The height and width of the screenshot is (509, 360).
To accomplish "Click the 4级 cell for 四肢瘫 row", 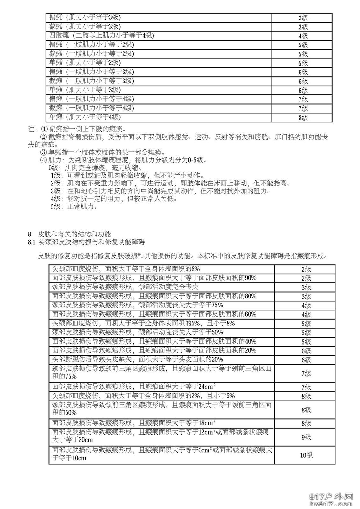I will pyautogui.click(x=303, y=36).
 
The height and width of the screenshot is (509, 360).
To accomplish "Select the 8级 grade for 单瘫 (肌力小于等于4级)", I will pyautogui.click(x=303, y=118).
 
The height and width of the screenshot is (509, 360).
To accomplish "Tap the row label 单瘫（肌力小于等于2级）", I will pyautogui.click(x=85, y=63).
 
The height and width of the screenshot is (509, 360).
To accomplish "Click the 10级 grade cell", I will pyautogui.click(x=306, y=455).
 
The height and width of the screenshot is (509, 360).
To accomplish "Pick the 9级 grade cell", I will pyautogui.click(x=306, y=437).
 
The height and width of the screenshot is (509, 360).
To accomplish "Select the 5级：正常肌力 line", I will pyautogui.click(x=74, y=206).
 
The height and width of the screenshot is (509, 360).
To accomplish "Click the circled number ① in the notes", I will pyautogui.click(x=44, y=129).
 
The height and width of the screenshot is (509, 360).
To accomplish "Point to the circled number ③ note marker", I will pyautogui.click(x=44, y=152).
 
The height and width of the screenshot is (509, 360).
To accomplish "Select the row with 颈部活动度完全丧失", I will pyautogui.click(x=126, y=287).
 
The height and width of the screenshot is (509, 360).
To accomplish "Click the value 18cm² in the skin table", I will pyautogui.click(x=207, y=423).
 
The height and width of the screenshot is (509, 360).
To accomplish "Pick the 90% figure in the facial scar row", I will pyautogui.click(x=250, y=278).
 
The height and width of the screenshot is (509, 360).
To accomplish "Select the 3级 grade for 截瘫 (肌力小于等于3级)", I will pyautogui.click(x=303, y=27).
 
